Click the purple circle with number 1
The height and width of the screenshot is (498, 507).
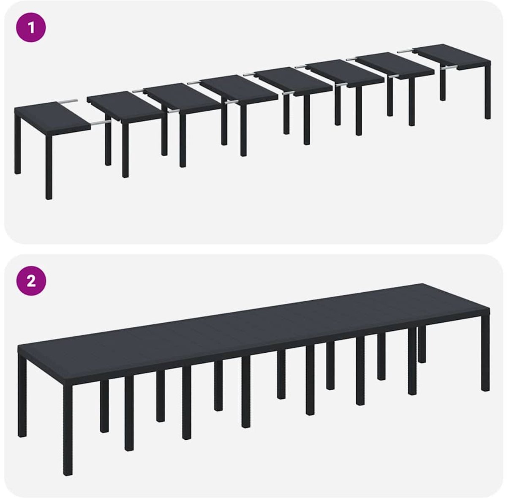(x=31, y=27)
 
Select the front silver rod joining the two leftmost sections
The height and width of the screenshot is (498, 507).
(x=101, y=122)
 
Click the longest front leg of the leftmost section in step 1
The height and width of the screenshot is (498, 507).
(x=49, y=167)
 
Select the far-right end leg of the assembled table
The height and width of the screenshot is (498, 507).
(x=485, y=353)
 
